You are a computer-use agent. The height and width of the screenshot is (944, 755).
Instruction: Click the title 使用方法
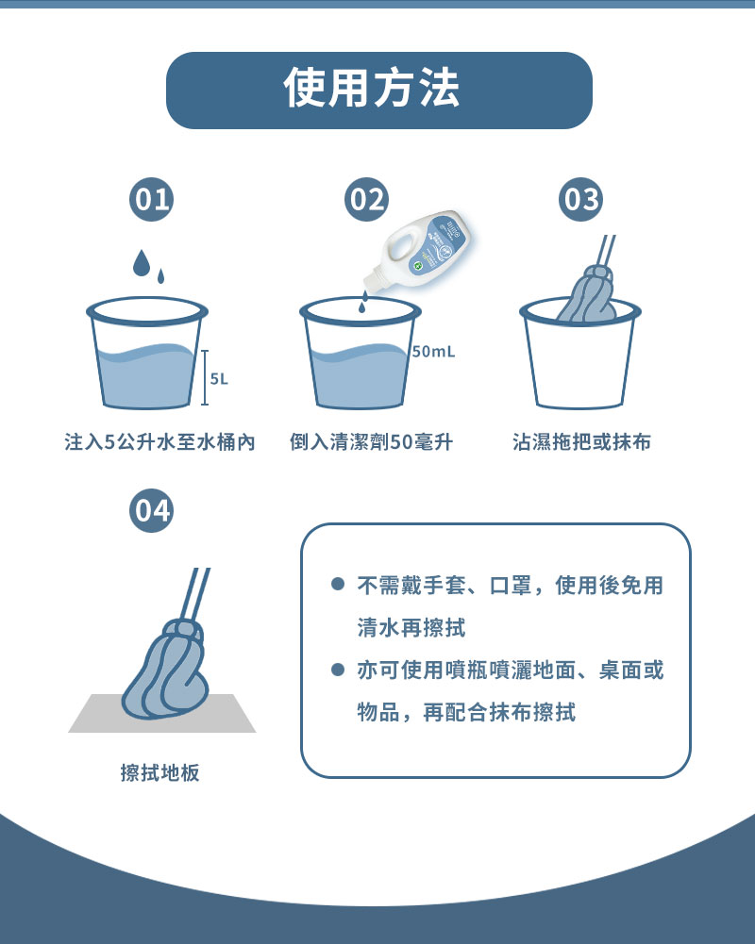point(371,89)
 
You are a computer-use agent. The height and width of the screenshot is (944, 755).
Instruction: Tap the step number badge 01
point(151,200)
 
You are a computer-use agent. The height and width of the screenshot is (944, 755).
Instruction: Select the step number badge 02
point(366,200)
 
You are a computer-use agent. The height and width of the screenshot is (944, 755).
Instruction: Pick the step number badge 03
point(580,200)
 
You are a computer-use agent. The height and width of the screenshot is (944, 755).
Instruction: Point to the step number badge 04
point(151,510)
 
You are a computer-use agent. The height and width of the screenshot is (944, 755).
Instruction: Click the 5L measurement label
point(219,379)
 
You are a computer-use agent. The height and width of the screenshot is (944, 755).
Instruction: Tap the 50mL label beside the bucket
point(434,352)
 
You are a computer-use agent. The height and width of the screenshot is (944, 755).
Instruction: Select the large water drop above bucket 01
point(141,263)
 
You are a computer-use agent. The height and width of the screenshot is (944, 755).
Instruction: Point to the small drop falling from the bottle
point(362,307)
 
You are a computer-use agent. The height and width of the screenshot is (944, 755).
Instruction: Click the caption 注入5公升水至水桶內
point(159,442)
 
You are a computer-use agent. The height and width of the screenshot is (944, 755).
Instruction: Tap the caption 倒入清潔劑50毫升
point(371,442)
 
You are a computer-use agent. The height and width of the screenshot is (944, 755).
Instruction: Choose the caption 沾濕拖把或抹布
point(581,442)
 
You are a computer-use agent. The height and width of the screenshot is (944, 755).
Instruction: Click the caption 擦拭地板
point(159,772)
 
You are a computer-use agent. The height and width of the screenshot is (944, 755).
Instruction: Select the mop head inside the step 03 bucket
point(586,295)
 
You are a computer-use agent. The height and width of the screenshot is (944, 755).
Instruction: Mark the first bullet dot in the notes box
point(338,584)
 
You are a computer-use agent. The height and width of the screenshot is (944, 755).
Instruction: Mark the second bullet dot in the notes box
point(338,670)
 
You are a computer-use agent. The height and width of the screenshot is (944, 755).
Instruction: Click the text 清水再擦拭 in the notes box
point(411,628)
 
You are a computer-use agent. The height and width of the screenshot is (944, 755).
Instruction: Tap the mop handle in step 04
point(196,595)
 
